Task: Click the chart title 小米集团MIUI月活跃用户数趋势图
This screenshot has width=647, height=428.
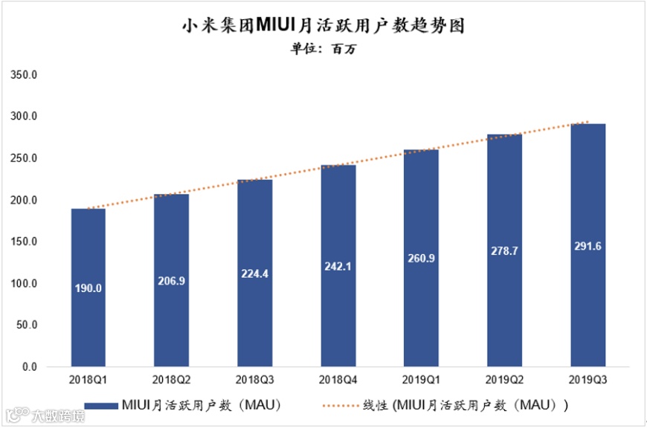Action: tap(323, 26)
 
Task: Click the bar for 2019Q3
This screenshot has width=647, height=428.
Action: tap(588, 245)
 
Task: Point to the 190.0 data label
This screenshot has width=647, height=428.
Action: tap(88, 288)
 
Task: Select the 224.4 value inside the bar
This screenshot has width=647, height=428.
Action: tap(254, 273)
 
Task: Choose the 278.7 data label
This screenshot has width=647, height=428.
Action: tap(504, 252)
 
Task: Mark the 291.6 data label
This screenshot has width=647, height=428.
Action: tap(588, 246)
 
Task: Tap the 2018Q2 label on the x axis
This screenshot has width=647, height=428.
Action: tap(171, 380)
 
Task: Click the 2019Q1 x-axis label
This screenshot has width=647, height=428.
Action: tap(421, 380)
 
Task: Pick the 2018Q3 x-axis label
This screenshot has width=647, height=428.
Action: tap(254, 380)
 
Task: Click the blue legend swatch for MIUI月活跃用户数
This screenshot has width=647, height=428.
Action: tap(100, 406)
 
